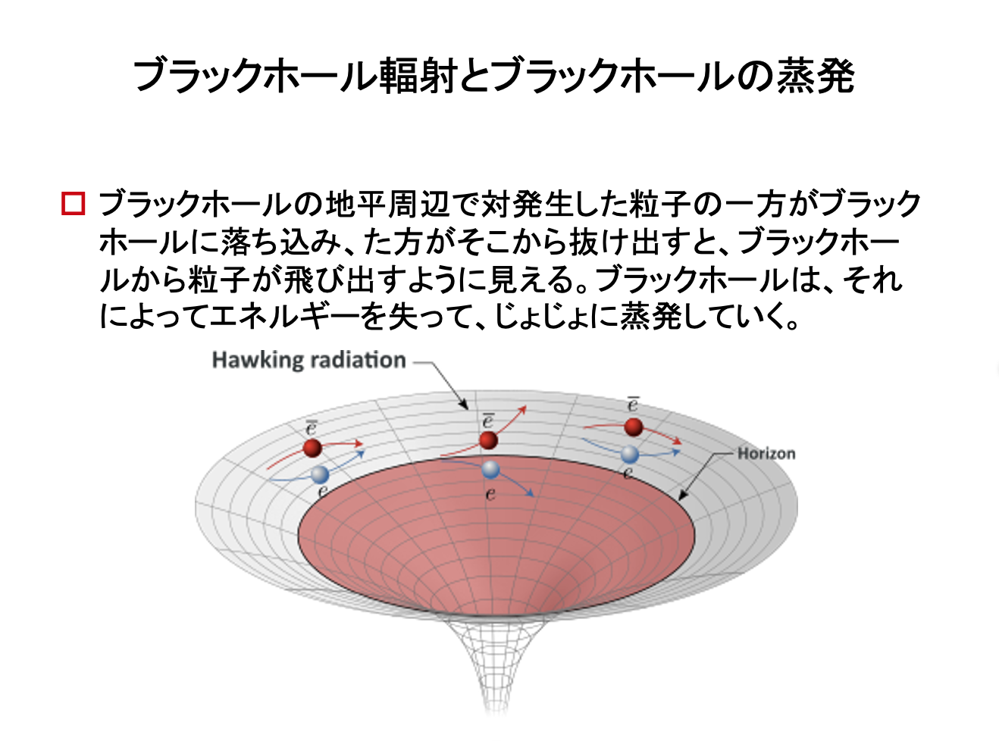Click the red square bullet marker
(x=74, y=204)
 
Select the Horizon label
(x=766, y=453)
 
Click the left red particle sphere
(x=312, y=448)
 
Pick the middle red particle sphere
(x=489, y=440)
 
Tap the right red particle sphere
(x=633, y=427)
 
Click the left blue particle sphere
(x=320, y=474)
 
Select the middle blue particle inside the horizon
(x=490, y=469)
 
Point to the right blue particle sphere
(x=630, y=455)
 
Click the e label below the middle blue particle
(x=491, y=494)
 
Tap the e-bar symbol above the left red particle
(x=311, y=427)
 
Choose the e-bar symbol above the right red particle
(x=633, y=404)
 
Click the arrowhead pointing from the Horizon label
(x=682, y=496)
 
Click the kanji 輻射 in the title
(x=418, y=76)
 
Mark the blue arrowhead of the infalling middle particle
(x=530, y=493)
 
